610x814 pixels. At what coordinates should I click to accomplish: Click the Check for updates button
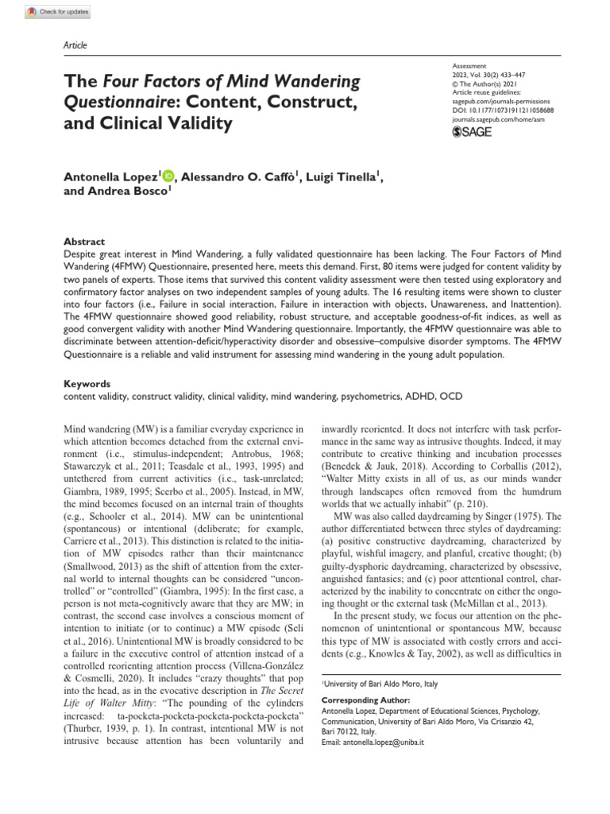pos(58,13)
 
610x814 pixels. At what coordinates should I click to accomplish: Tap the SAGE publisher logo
pos(472,131)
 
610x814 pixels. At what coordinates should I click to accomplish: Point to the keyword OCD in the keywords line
pos(449,395)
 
